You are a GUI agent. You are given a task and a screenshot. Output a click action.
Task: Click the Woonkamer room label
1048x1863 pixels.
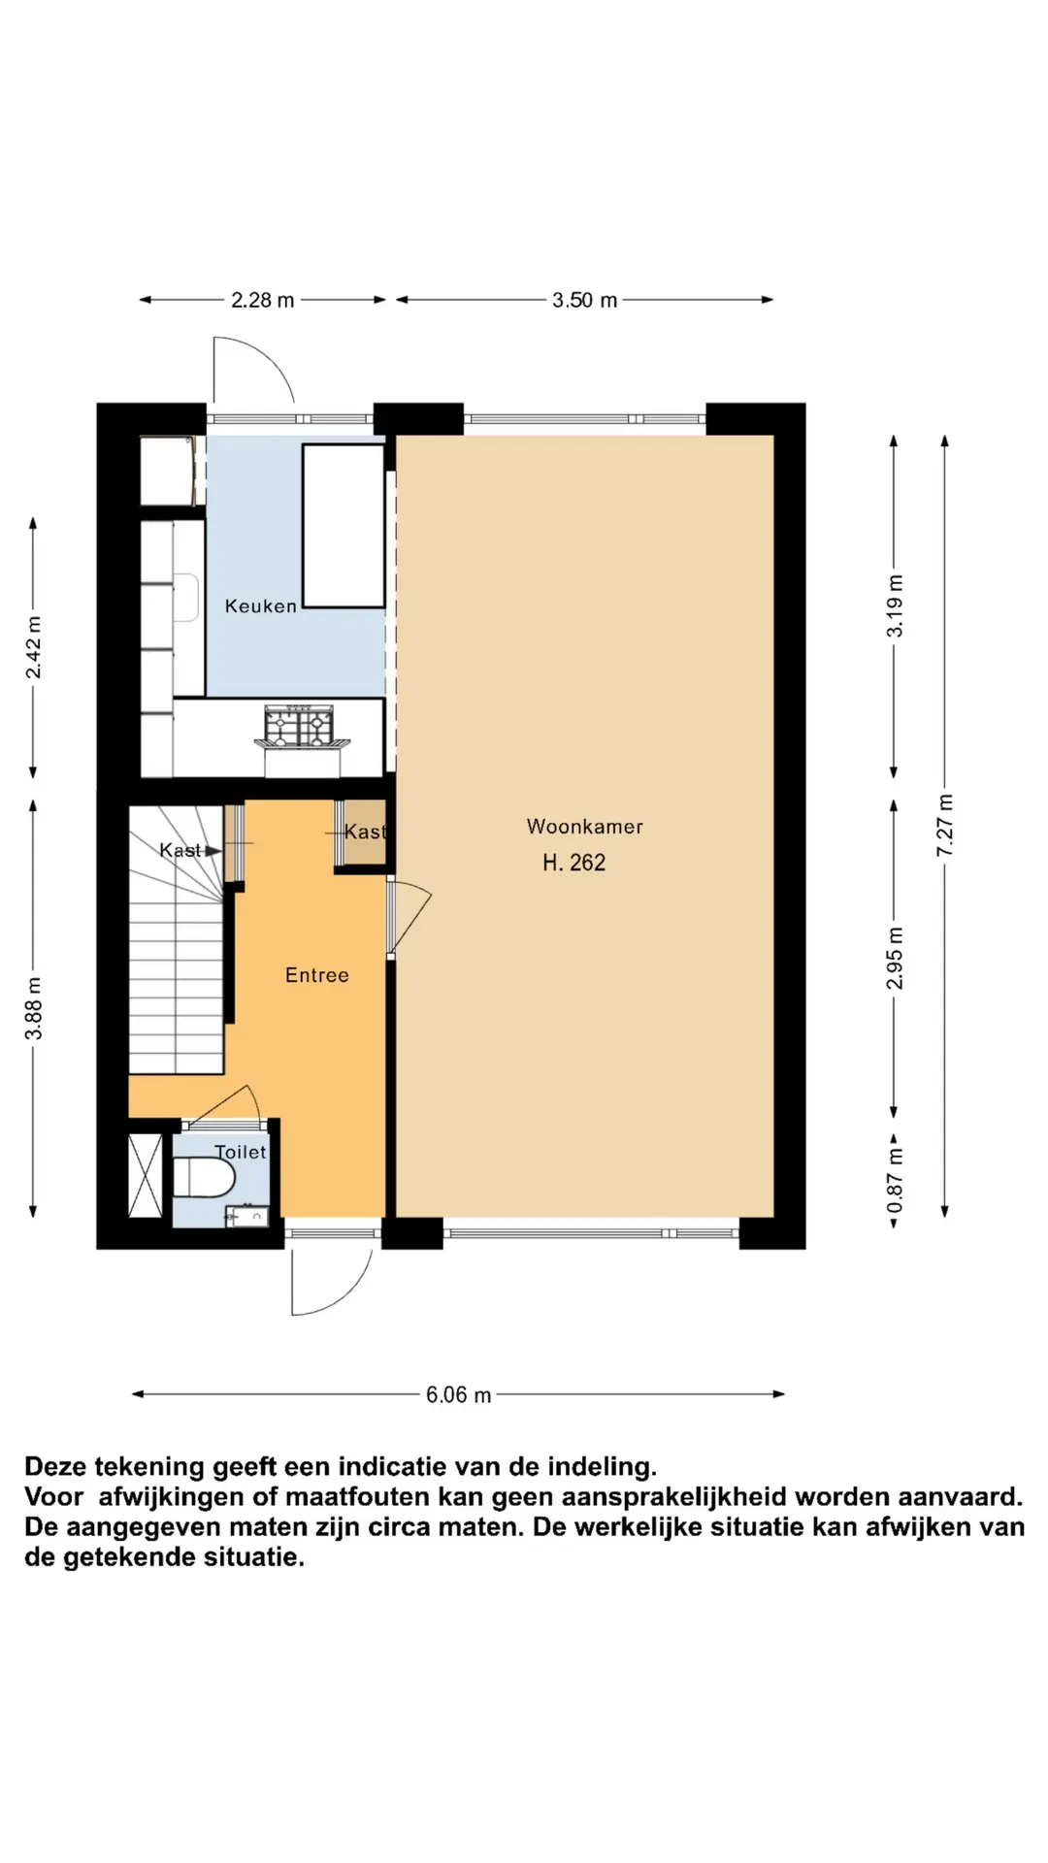584,827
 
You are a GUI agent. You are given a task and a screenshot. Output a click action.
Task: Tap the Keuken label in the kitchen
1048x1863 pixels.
260,606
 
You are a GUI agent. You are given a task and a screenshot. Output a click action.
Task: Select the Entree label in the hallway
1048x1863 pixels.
316,975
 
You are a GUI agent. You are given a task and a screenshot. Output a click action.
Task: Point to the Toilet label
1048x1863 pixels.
240,1152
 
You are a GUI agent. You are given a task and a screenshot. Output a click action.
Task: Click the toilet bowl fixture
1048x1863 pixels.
204,1178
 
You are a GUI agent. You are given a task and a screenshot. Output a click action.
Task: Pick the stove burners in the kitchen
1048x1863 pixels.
300,727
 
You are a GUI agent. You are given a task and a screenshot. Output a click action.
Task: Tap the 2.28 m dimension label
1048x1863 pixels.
262,300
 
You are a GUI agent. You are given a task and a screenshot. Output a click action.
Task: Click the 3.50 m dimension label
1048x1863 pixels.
584,300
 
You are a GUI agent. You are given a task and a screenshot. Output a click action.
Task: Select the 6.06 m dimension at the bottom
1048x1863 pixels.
458,1394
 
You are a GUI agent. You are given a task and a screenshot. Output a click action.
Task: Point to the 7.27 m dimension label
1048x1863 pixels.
945,825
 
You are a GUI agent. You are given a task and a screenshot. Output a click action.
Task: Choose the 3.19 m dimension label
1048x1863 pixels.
895,605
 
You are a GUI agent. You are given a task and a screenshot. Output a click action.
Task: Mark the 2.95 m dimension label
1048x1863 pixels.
895,958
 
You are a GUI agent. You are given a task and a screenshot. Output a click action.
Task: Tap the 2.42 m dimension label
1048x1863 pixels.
33,647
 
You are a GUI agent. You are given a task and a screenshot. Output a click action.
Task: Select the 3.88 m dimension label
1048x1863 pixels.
33,1008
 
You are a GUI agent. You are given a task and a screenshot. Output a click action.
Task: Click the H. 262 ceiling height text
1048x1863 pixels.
573,862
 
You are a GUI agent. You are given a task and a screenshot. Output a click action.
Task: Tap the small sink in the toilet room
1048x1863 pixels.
246,1216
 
